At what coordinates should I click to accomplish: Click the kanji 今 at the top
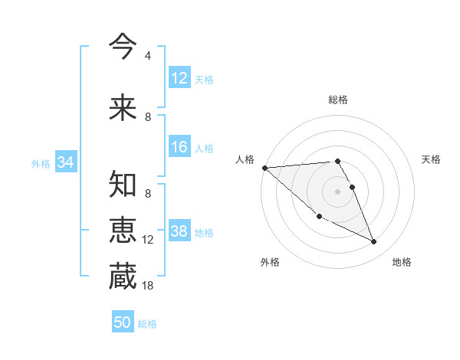pyautogui.click(x=123, y=45)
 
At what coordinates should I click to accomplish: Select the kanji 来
pyautogui.click(x=123, y=107)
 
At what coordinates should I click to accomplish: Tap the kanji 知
pyautogui.click(x=123, y=185)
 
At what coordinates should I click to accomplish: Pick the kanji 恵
pyautogui.click(x=123, y=231)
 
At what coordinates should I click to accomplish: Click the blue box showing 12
pyautogui.click(x=179, y=77)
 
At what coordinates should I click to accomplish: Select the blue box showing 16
pyautogui.click(x=179, y=147)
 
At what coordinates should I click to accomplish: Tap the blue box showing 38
pyautogui.click(x=179, y=231)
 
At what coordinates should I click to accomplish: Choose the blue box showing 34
pyautogui.click(x=65, y=162)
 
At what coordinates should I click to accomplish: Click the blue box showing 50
pyautogui.click(x=123, y=322)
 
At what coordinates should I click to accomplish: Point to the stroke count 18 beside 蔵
pyautogui.click(x=148, y=286)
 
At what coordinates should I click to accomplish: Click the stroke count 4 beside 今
pyautogui.click(x=148, y=56)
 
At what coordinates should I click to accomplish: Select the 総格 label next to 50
pyautogui.click(x=147, y=324)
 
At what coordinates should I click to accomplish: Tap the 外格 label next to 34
pyautogui.click(x=41, y=163)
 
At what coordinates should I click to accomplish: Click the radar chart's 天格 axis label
pyautogui.click(x=432, y=159)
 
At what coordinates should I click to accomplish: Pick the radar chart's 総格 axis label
pyautogui.click(x=338, y=100)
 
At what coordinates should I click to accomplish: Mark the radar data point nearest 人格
pyautogui.click(x=264, y=168)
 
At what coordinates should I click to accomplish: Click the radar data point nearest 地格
pyautogui.click(x=374, y=242)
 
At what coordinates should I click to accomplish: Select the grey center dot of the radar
pyautogui.click(x=337, y=191)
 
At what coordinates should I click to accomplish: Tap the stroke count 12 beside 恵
pyautogui.click(x=148, y=240)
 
